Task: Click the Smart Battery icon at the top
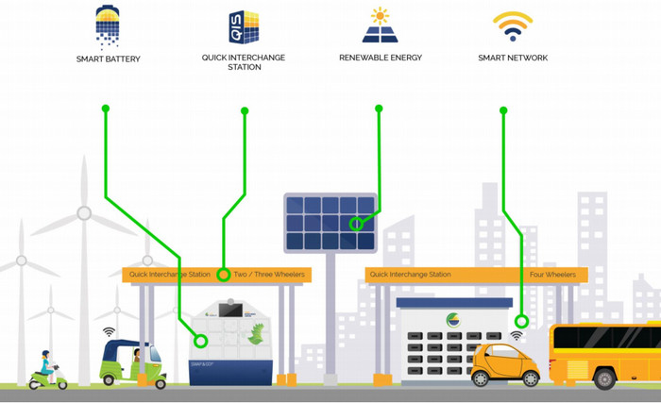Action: click(108, 26)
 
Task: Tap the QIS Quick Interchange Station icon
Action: click(244, 28)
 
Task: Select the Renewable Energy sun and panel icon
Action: click(380, 26)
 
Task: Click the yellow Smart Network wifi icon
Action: click(513, 26)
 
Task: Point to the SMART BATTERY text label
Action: click(109, 59)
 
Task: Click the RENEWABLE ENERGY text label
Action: click(381, 59)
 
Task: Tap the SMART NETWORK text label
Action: click(513, 59)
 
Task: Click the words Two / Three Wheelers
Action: click(269, 275)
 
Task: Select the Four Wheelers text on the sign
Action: click(552, 275)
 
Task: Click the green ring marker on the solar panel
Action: click(356, 225)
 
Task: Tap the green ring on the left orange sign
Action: click(223, 275)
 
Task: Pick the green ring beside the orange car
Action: click(521, 322)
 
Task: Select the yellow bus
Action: click(605, 355)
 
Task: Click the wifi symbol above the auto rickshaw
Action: click(110, 331)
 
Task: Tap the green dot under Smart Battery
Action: click(106, 109)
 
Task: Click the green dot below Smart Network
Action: click(503, 110)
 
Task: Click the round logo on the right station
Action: click(454, 320)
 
